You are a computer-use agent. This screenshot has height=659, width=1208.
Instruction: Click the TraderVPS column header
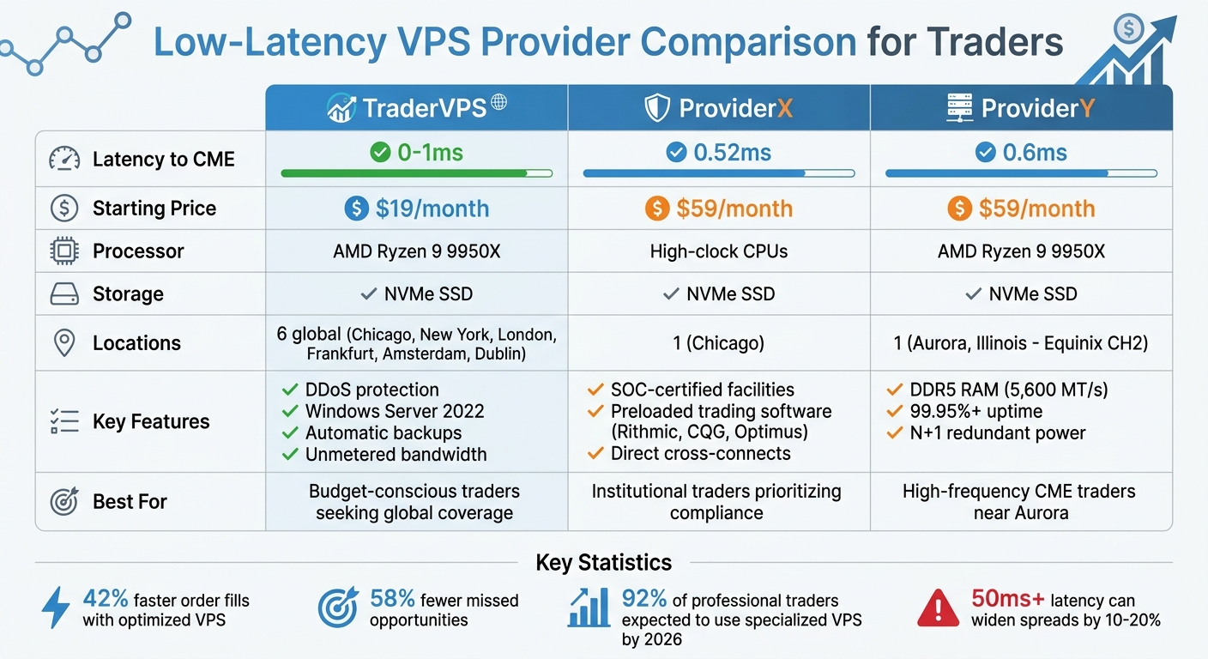click(x=417, y=108)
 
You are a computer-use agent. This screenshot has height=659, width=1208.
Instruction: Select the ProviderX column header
click(x=719, y=108)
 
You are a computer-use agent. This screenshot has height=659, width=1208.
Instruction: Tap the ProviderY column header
click(x=1021, y=108)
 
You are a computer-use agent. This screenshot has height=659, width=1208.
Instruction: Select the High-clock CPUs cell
click(x=719, y=251)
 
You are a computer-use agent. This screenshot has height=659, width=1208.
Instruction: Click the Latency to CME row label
click(x=163, y=159)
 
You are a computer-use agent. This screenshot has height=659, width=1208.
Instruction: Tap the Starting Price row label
click(x=154, y=209)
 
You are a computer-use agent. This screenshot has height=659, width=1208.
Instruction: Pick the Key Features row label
click(x=151, y=421)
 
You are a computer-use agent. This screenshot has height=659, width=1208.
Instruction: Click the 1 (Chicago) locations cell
click(x=719, y=343)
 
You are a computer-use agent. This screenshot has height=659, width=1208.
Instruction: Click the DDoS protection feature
click(x=371, y=390)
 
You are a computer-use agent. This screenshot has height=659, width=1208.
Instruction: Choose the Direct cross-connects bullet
click(x=700, y=454)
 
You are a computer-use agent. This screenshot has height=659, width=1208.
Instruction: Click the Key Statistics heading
click(x=603, y=563)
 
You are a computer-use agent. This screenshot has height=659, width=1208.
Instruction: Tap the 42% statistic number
click(x=106, y=599)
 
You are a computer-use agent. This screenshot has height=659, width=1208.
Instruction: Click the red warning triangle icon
click(x=938, y=608)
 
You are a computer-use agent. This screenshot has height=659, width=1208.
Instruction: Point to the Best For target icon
click(x=64, y=501)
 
